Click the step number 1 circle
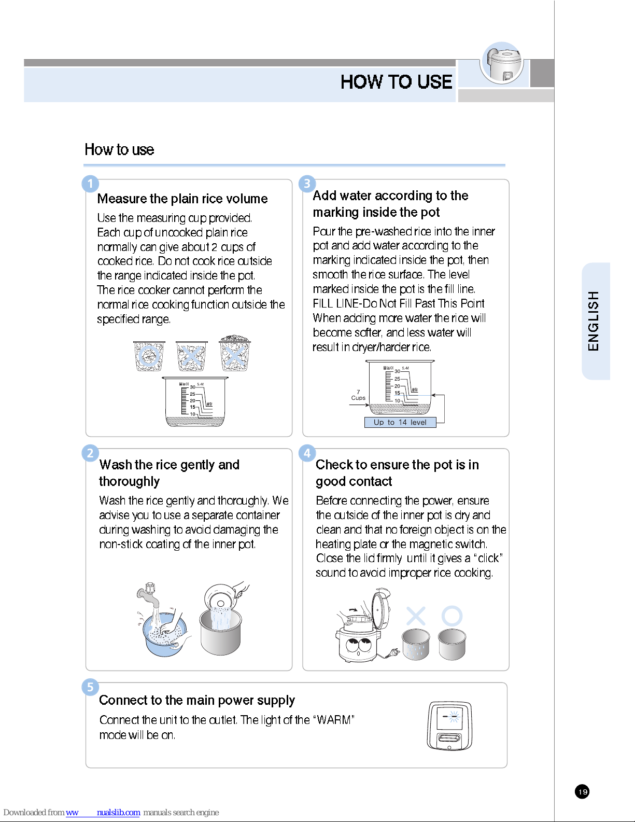[x=90, y=184]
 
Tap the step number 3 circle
[x=307, y=184]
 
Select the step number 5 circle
[x=90, y=687]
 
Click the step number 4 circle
[x=307, y=453]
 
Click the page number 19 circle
[x=582, y=792]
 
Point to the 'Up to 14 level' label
[x=400, y=423]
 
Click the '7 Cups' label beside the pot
[x=358, y=395]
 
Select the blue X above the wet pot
[x=416, y=616]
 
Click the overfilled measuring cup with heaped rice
[x=235, y=353]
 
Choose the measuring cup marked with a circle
[x=149, y=356]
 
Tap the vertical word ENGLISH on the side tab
[x=594, y=321]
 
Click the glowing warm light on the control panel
[x=454, y=717]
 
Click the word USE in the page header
[x=435, y=82]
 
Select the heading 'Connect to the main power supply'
[x=197, y=701]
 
